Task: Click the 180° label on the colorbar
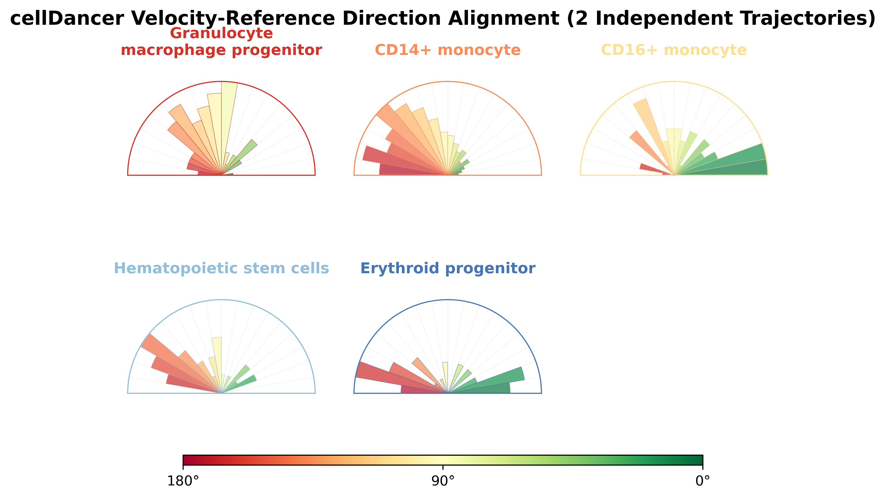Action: click(x=183, y=481)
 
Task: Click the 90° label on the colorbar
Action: click(x=443, y=481)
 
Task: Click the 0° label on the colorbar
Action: click(x=703, y=481)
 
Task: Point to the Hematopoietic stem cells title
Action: click(x=221, y=268)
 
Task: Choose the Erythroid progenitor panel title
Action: click(x=447, y=268)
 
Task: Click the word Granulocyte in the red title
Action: click(x=221, y=33)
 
